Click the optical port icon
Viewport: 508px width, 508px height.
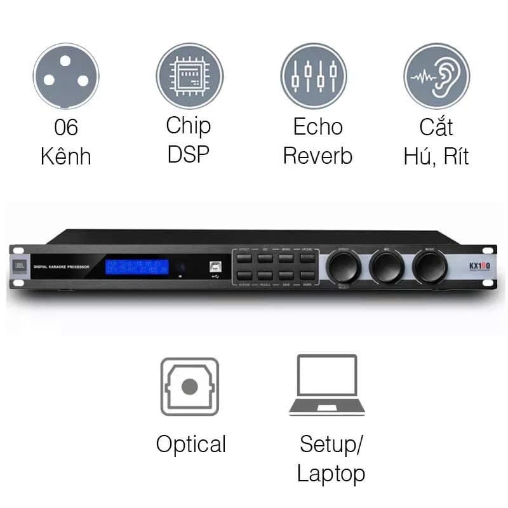tap(189, 386)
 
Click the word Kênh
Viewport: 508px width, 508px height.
tap(66, 156)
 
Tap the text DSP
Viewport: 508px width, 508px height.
tap(189, 155)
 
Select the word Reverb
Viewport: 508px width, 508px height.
tap(317, 156)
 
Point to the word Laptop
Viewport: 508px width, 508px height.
tap(331, 473)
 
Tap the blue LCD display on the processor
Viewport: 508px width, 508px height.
tap(137, 267)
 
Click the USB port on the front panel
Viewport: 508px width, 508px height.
tap(213, 267)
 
